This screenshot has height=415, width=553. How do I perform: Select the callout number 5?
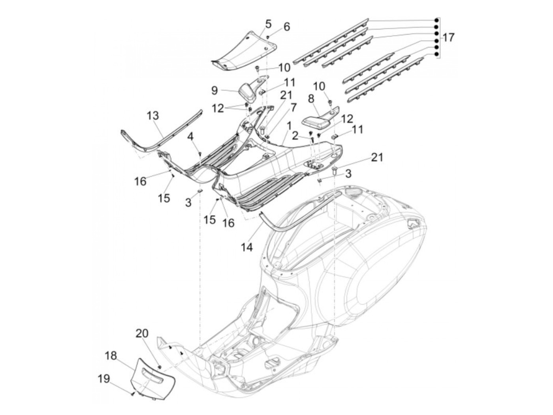[x=268, y=24]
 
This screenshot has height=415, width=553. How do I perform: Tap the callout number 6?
[x=286, y=26]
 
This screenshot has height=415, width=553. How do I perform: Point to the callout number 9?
[x=214, y=91]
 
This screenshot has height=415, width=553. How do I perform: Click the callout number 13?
[x=153, y=116]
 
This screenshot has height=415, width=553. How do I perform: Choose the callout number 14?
[x=247, y=247]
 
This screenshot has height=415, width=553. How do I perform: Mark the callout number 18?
[x=111, y=355]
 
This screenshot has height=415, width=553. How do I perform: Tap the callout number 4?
[x=190, y=137]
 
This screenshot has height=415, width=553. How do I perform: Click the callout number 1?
[x=290, y=125]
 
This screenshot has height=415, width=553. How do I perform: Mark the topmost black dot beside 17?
[x=436, y=20]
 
